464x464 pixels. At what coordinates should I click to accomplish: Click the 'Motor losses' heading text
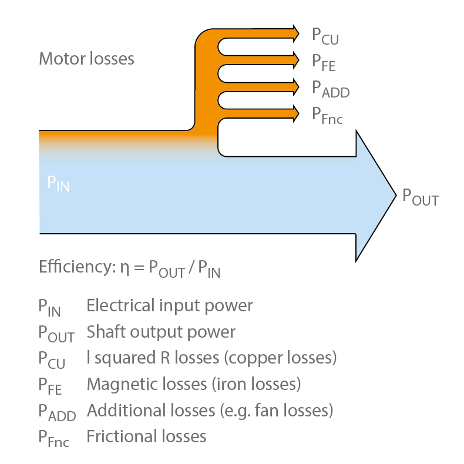click(x=86, y=59)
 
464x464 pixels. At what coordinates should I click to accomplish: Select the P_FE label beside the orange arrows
click(x=324, y=62)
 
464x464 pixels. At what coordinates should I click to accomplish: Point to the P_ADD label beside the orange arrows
click(x=331, y=89)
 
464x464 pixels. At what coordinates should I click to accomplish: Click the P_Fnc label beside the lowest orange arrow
click(x=327, y=115)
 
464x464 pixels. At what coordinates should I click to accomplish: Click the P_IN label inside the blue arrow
click(x=58, y=183)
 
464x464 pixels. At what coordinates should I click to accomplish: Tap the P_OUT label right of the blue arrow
click(x=420, y=197)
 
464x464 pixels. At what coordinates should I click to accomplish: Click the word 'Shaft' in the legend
click(x=104, y=332)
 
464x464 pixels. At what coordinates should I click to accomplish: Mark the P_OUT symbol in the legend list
click(x=56, y=334)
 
